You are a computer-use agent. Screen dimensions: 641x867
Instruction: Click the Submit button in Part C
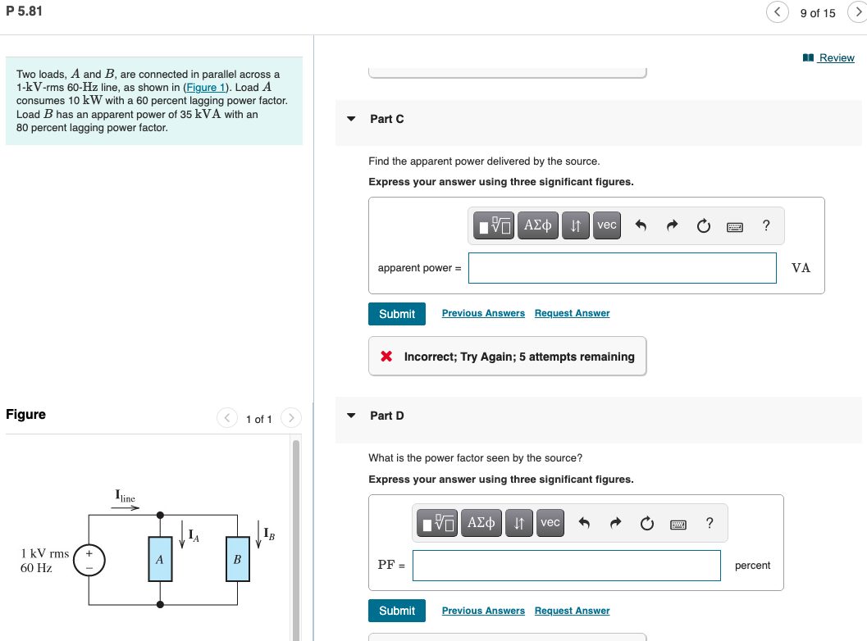[397, 314]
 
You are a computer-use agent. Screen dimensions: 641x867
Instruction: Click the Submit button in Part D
[397, 611]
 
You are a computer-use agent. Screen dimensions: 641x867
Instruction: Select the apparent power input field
[622, 268]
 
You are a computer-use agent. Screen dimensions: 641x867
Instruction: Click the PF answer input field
[566, 566]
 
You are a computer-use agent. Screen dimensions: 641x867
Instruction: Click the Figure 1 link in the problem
[201, 87]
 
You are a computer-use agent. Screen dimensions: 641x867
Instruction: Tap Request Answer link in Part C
[572, 313]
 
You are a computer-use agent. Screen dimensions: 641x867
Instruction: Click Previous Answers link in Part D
[483, 611]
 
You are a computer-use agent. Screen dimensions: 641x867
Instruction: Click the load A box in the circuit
[160, 559]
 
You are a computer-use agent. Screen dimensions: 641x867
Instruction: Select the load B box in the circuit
[237, 559]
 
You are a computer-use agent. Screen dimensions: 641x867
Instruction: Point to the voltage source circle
[89, 559]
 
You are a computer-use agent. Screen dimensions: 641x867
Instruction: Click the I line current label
[125, 497]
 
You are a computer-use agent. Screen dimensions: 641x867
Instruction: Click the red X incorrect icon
[387, 357]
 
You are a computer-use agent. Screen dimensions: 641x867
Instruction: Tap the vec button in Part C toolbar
[606, 225]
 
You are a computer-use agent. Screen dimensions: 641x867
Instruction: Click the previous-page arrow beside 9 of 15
[777, 12]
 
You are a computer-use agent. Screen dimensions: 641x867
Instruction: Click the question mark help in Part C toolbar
[765, 225]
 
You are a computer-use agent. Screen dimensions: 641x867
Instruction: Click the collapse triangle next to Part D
[351, 416]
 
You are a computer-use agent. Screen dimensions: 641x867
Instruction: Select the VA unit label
[801, 268]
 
